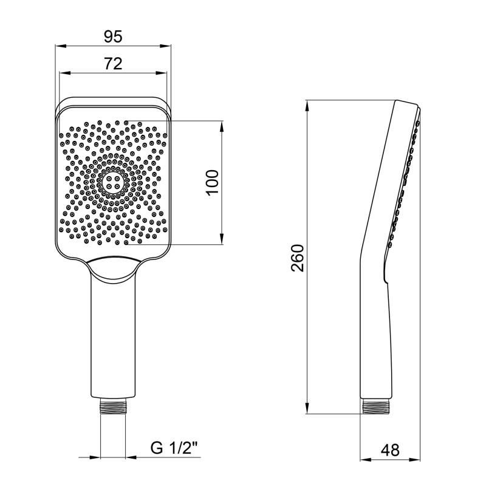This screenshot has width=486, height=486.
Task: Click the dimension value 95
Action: (x=112, y=37)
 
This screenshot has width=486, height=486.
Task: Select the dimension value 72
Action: (x=113, y=63)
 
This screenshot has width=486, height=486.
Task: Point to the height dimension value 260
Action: (x=297, y=258)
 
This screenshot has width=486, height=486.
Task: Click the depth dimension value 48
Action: (x=391, y=450)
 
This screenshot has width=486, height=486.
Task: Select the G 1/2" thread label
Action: (x=174, y=449)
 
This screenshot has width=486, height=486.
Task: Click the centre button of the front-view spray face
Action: (x=113, y=182)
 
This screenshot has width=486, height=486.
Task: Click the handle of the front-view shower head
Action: (x=113, y=334)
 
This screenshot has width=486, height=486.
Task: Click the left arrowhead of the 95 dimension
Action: (x=59, y=47)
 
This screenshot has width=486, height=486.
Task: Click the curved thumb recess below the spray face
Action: (x=113, y=265)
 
